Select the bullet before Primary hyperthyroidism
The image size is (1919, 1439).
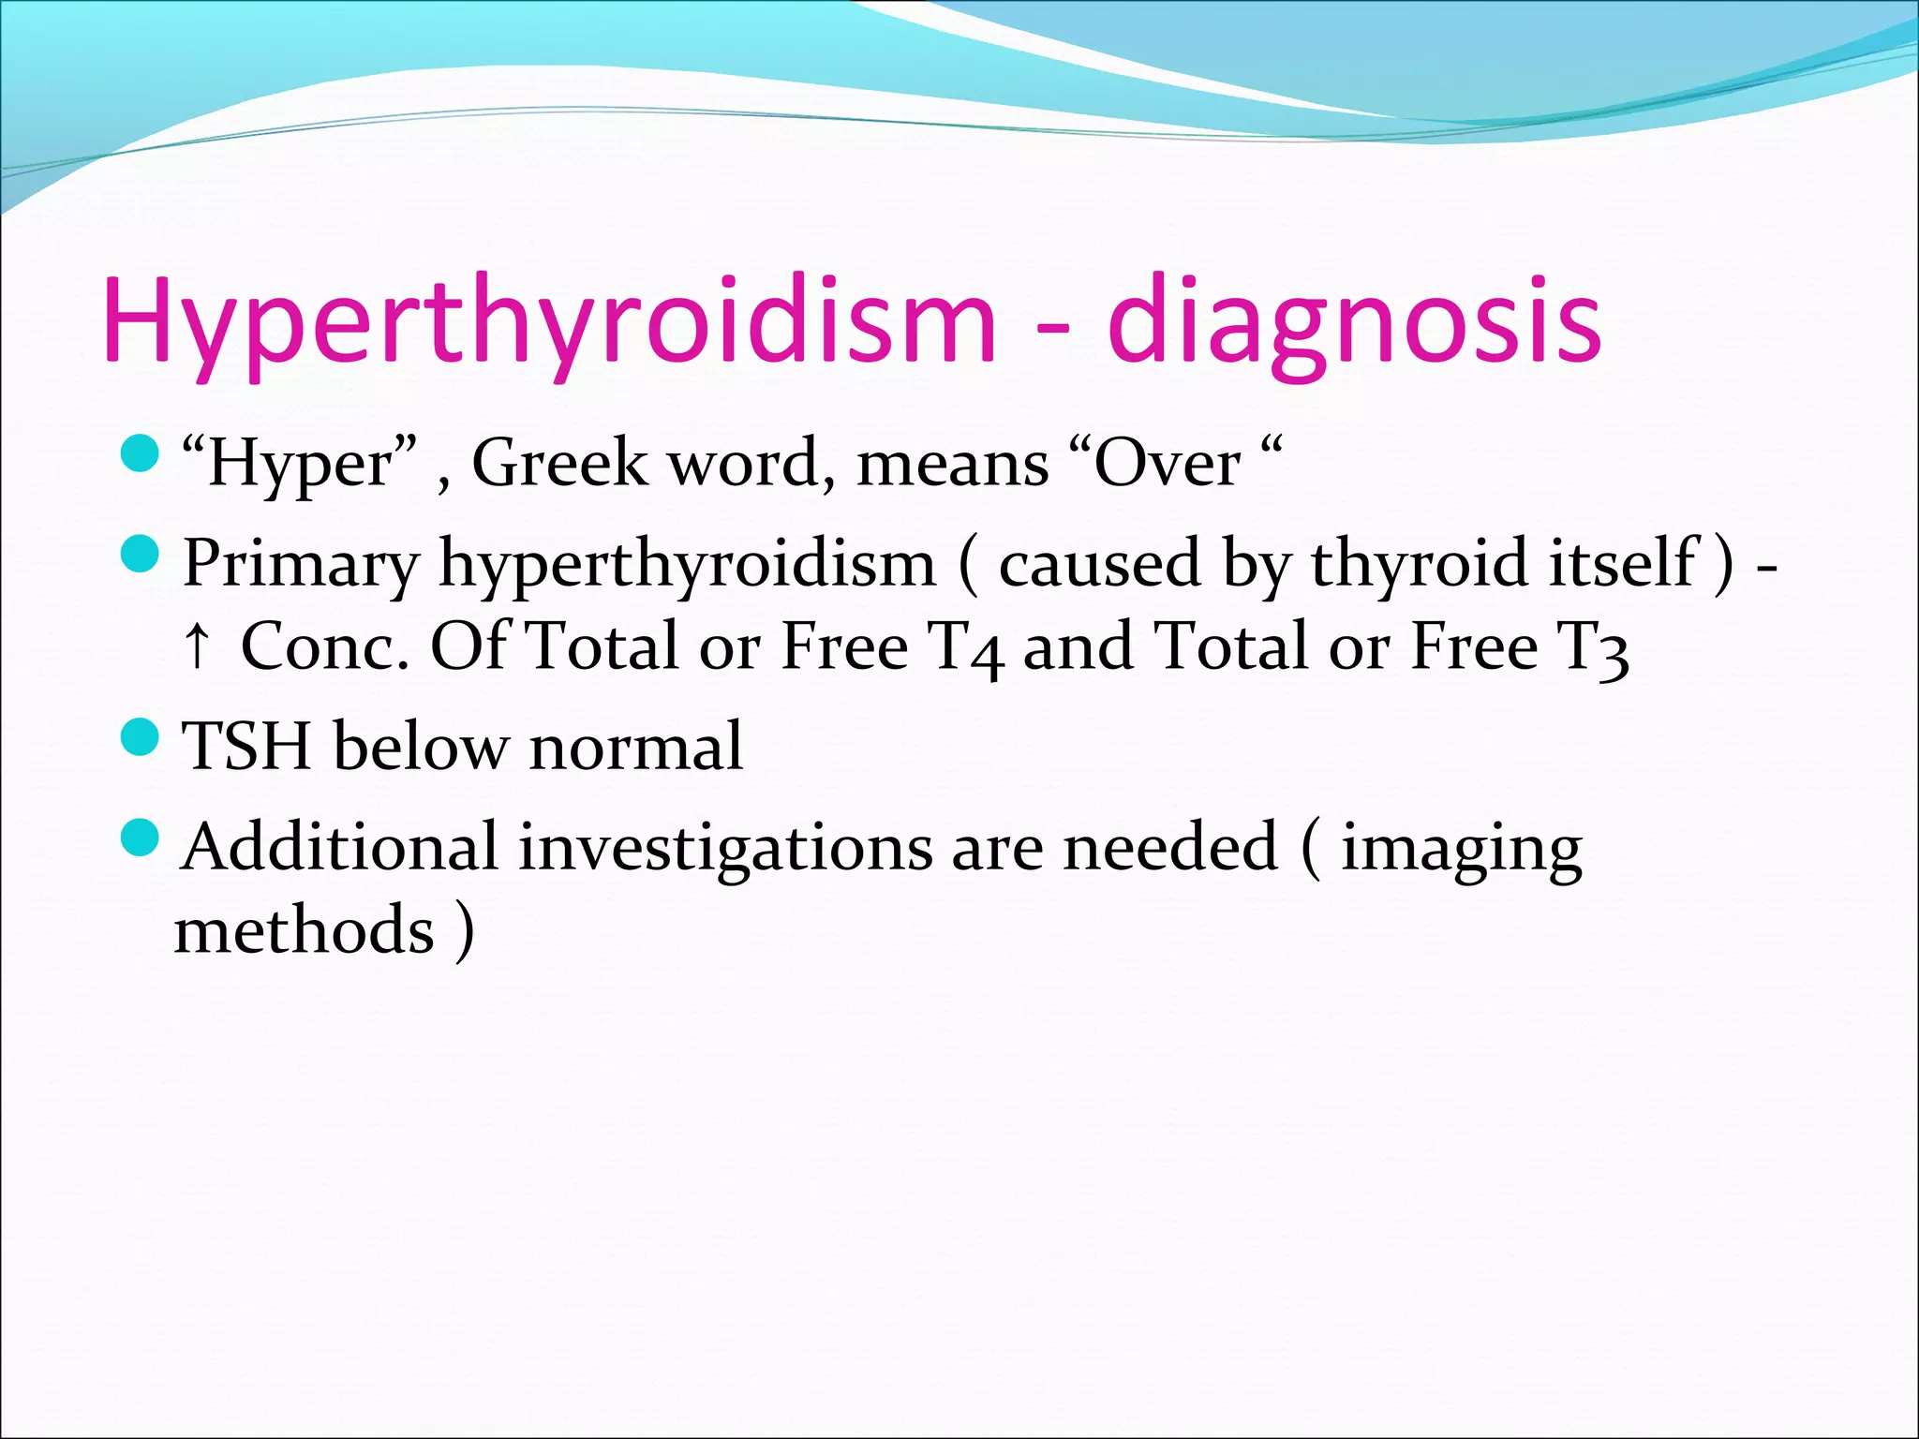[x=141, y=555]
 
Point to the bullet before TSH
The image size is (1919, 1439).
[x=141, y=738]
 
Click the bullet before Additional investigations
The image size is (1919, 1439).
[x=141, y=837]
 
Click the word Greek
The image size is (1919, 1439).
[x=559, y=463]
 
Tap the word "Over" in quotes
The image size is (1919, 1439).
[x=1167, y=463]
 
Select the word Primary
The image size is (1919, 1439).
[x=301, y=564]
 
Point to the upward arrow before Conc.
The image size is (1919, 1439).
[x=196, y=645]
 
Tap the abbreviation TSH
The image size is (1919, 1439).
[x=246, y=747]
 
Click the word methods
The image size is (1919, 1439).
[x=305, y=930]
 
